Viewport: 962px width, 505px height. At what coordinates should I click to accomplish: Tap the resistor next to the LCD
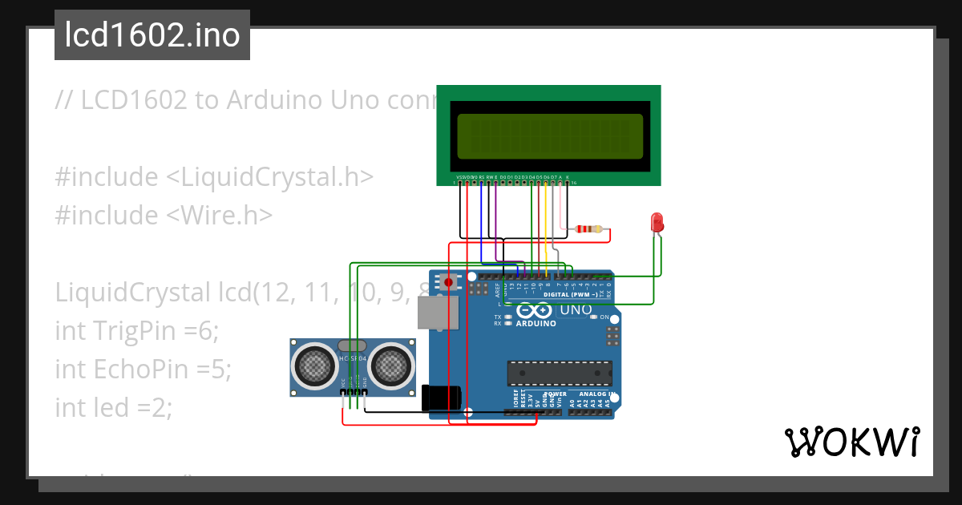[x=589, y=229]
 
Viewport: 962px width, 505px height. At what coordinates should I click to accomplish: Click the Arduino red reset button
[x=448, y=282]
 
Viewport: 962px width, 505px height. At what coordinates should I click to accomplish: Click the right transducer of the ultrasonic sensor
[x=390, y=366]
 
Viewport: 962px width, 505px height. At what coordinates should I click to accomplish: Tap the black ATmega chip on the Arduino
[x=559, y=374]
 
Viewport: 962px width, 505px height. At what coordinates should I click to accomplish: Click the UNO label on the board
[x=575, y=310]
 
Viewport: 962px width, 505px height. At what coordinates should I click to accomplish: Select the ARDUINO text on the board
[x=536, y=324]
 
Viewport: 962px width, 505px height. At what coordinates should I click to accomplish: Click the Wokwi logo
[x=851, y=442]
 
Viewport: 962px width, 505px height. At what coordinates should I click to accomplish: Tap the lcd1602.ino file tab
[x=152, y=35]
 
